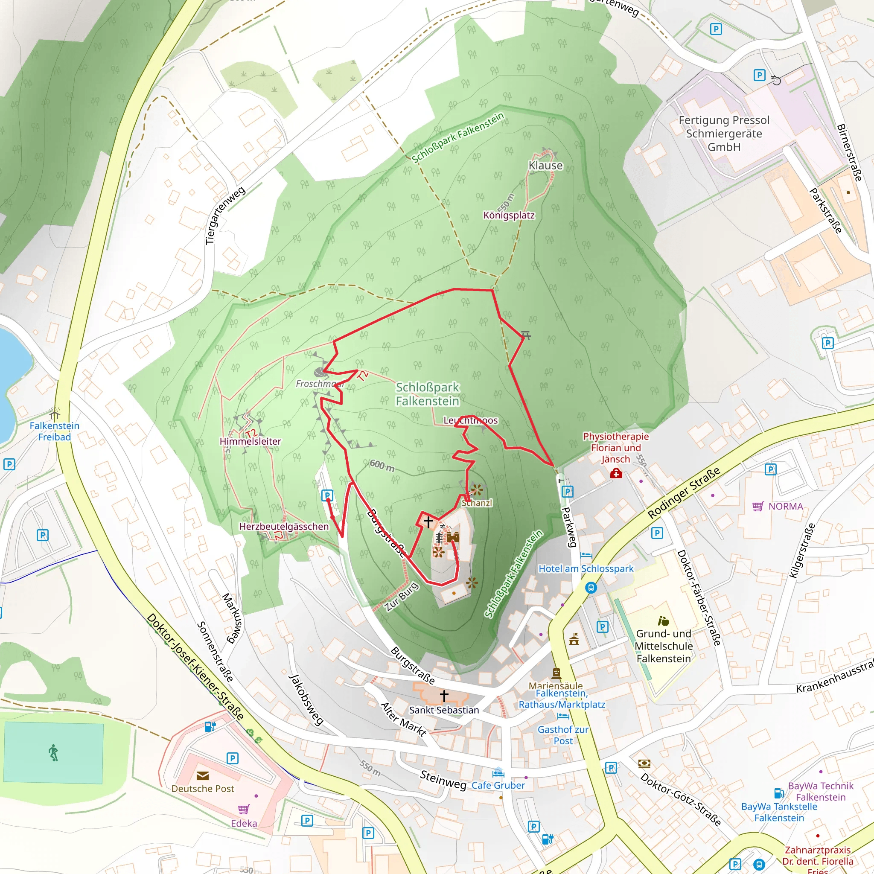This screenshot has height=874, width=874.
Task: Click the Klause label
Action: [545, 166]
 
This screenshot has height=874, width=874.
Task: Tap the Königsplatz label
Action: [509, 216]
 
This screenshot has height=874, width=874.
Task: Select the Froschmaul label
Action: [319, 384]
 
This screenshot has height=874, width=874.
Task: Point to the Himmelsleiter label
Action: [250, 441]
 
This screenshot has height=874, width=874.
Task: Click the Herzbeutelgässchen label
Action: [284, 527]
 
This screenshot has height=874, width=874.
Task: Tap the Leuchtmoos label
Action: [470, 420]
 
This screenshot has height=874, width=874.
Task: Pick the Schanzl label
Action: [477, 503]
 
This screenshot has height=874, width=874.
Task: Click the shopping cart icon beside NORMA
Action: [758, 506]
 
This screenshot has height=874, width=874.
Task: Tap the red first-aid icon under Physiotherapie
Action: [616, 474]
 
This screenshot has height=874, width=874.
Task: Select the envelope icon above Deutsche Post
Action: [203, 776]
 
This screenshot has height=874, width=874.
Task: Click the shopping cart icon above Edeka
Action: [244, 809]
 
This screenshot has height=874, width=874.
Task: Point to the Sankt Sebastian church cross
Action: [444, 695]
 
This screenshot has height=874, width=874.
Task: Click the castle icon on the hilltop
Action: [453, 537]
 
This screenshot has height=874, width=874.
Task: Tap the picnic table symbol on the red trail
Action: [526, 335]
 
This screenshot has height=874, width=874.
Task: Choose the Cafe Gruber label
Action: [498, 785]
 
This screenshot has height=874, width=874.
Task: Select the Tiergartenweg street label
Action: [225, 216]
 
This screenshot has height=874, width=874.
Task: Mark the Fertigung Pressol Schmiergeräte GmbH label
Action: [724, 134]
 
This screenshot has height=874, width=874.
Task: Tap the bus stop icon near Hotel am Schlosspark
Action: [591, 588]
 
